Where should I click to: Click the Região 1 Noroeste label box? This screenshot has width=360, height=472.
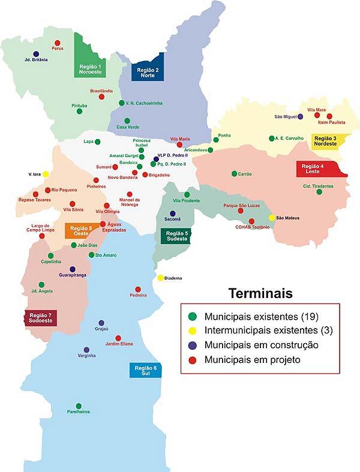click(91, 69)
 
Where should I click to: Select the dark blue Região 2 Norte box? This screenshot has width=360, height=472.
click(147, 72)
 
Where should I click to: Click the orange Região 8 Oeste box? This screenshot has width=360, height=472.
click(82, 232)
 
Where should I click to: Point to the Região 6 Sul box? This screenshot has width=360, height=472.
click(146, 370)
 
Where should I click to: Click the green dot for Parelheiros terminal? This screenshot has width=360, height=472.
click(79, 406)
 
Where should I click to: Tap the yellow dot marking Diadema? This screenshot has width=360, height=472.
click(160, 278)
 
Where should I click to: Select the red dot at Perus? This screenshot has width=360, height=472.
click(58, 43)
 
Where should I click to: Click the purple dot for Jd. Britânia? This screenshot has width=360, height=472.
click(36, 54)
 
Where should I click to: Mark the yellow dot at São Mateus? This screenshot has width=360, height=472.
click(272, 218)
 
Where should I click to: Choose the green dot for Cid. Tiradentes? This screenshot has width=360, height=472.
click(319, 192)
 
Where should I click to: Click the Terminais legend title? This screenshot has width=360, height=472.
click(260, 294)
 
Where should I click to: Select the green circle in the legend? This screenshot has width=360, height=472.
click(192, 315)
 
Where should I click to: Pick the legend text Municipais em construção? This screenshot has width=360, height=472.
click(261, 345)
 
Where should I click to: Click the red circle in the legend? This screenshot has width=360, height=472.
click(192, 360)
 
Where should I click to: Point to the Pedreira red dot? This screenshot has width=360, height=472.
click(138, 289)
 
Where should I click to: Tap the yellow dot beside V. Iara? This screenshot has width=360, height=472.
click(46, 174)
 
